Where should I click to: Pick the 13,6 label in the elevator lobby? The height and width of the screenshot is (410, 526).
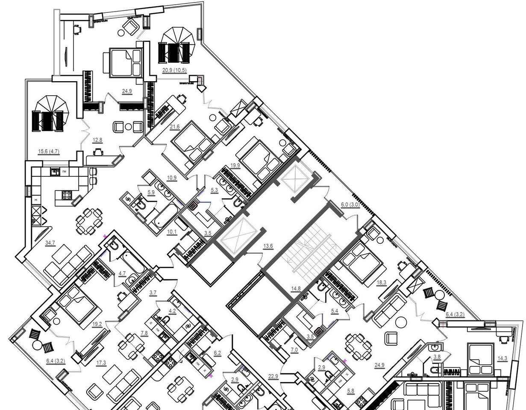tap(268, 246)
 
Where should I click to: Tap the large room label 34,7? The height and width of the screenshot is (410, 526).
tap(50, 243)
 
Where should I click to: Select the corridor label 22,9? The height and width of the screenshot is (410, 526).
tap(273, 376)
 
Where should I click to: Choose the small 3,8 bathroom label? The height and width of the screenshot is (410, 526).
tap(437, 357)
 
